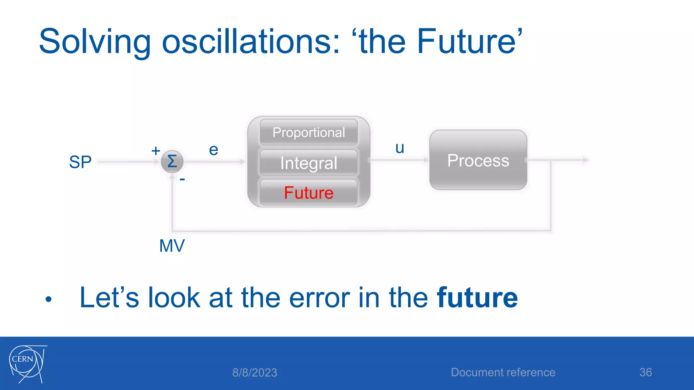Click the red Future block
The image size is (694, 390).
click(308, 193)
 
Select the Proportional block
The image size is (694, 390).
click(308, 132)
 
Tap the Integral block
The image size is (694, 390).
click(308, 163)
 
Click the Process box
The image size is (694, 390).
click(478, 160)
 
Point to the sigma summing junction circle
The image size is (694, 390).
click(172, 161)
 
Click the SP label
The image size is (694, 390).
click(80, 162)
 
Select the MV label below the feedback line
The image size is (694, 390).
click(172, 246)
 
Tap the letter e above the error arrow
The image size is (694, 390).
click(213, 150)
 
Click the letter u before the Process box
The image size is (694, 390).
click(400, 148)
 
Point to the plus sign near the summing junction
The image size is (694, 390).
click(156, 151)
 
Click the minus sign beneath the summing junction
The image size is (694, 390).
click(182, 179)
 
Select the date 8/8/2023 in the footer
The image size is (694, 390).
click(254, 373)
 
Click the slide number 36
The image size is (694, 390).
click(645, 372)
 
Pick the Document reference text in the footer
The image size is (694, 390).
click(503, 372)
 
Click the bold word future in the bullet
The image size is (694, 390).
click(477, 298)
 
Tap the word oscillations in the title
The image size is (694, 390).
click(251, 42)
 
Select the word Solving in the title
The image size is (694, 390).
click(95, 42)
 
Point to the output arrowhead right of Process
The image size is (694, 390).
click(586, 160)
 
